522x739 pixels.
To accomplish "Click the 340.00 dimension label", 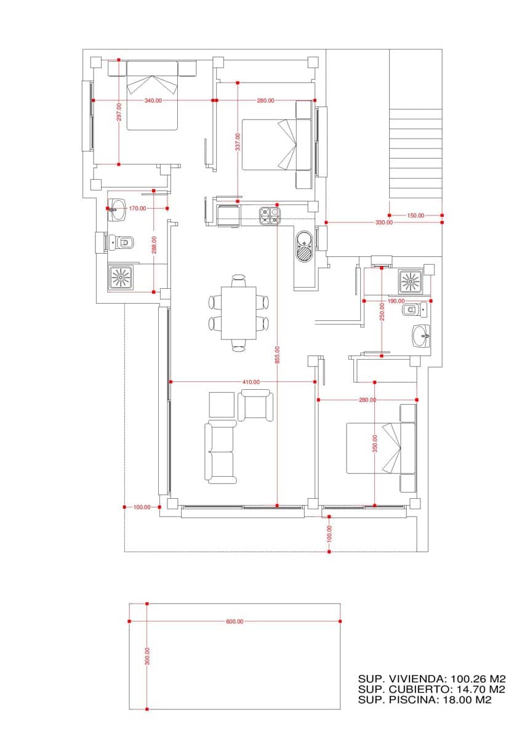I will (x=153, y=100).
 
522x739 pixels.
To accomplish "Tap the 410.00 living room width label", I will (x=251, y=382).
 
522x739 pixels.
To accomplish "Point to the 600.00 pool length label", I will (x=235, y=621).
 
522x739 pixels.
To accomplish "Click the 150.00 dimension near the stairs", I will (x=416, y=215).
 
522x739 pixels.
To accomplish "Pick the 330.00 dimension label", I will (x=383, y=222).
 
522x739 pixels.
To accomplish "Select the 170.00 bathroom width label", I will (x=137, y=208).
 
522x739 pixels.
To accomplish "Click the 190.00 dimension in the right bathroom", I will (x=396, y=301).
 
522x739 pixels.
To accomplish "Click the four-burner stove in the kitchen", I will (x=269, y=216).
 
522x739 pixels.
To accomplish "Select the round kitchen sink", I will (x=305, y=246).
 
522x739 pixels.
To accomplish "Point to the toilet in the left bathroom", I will (x=121, y=243).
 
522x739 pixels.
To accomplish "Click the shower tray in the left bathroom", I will (x=121, y=277).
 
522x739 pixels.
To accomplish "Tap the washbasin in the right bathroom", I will (x=422, y=336).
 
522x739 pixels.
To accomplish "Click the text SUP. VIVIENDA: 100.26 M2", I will (x=432, y=678).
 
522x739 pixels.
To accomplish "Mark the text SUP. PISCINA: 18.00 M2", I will (x=425, y=700).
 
